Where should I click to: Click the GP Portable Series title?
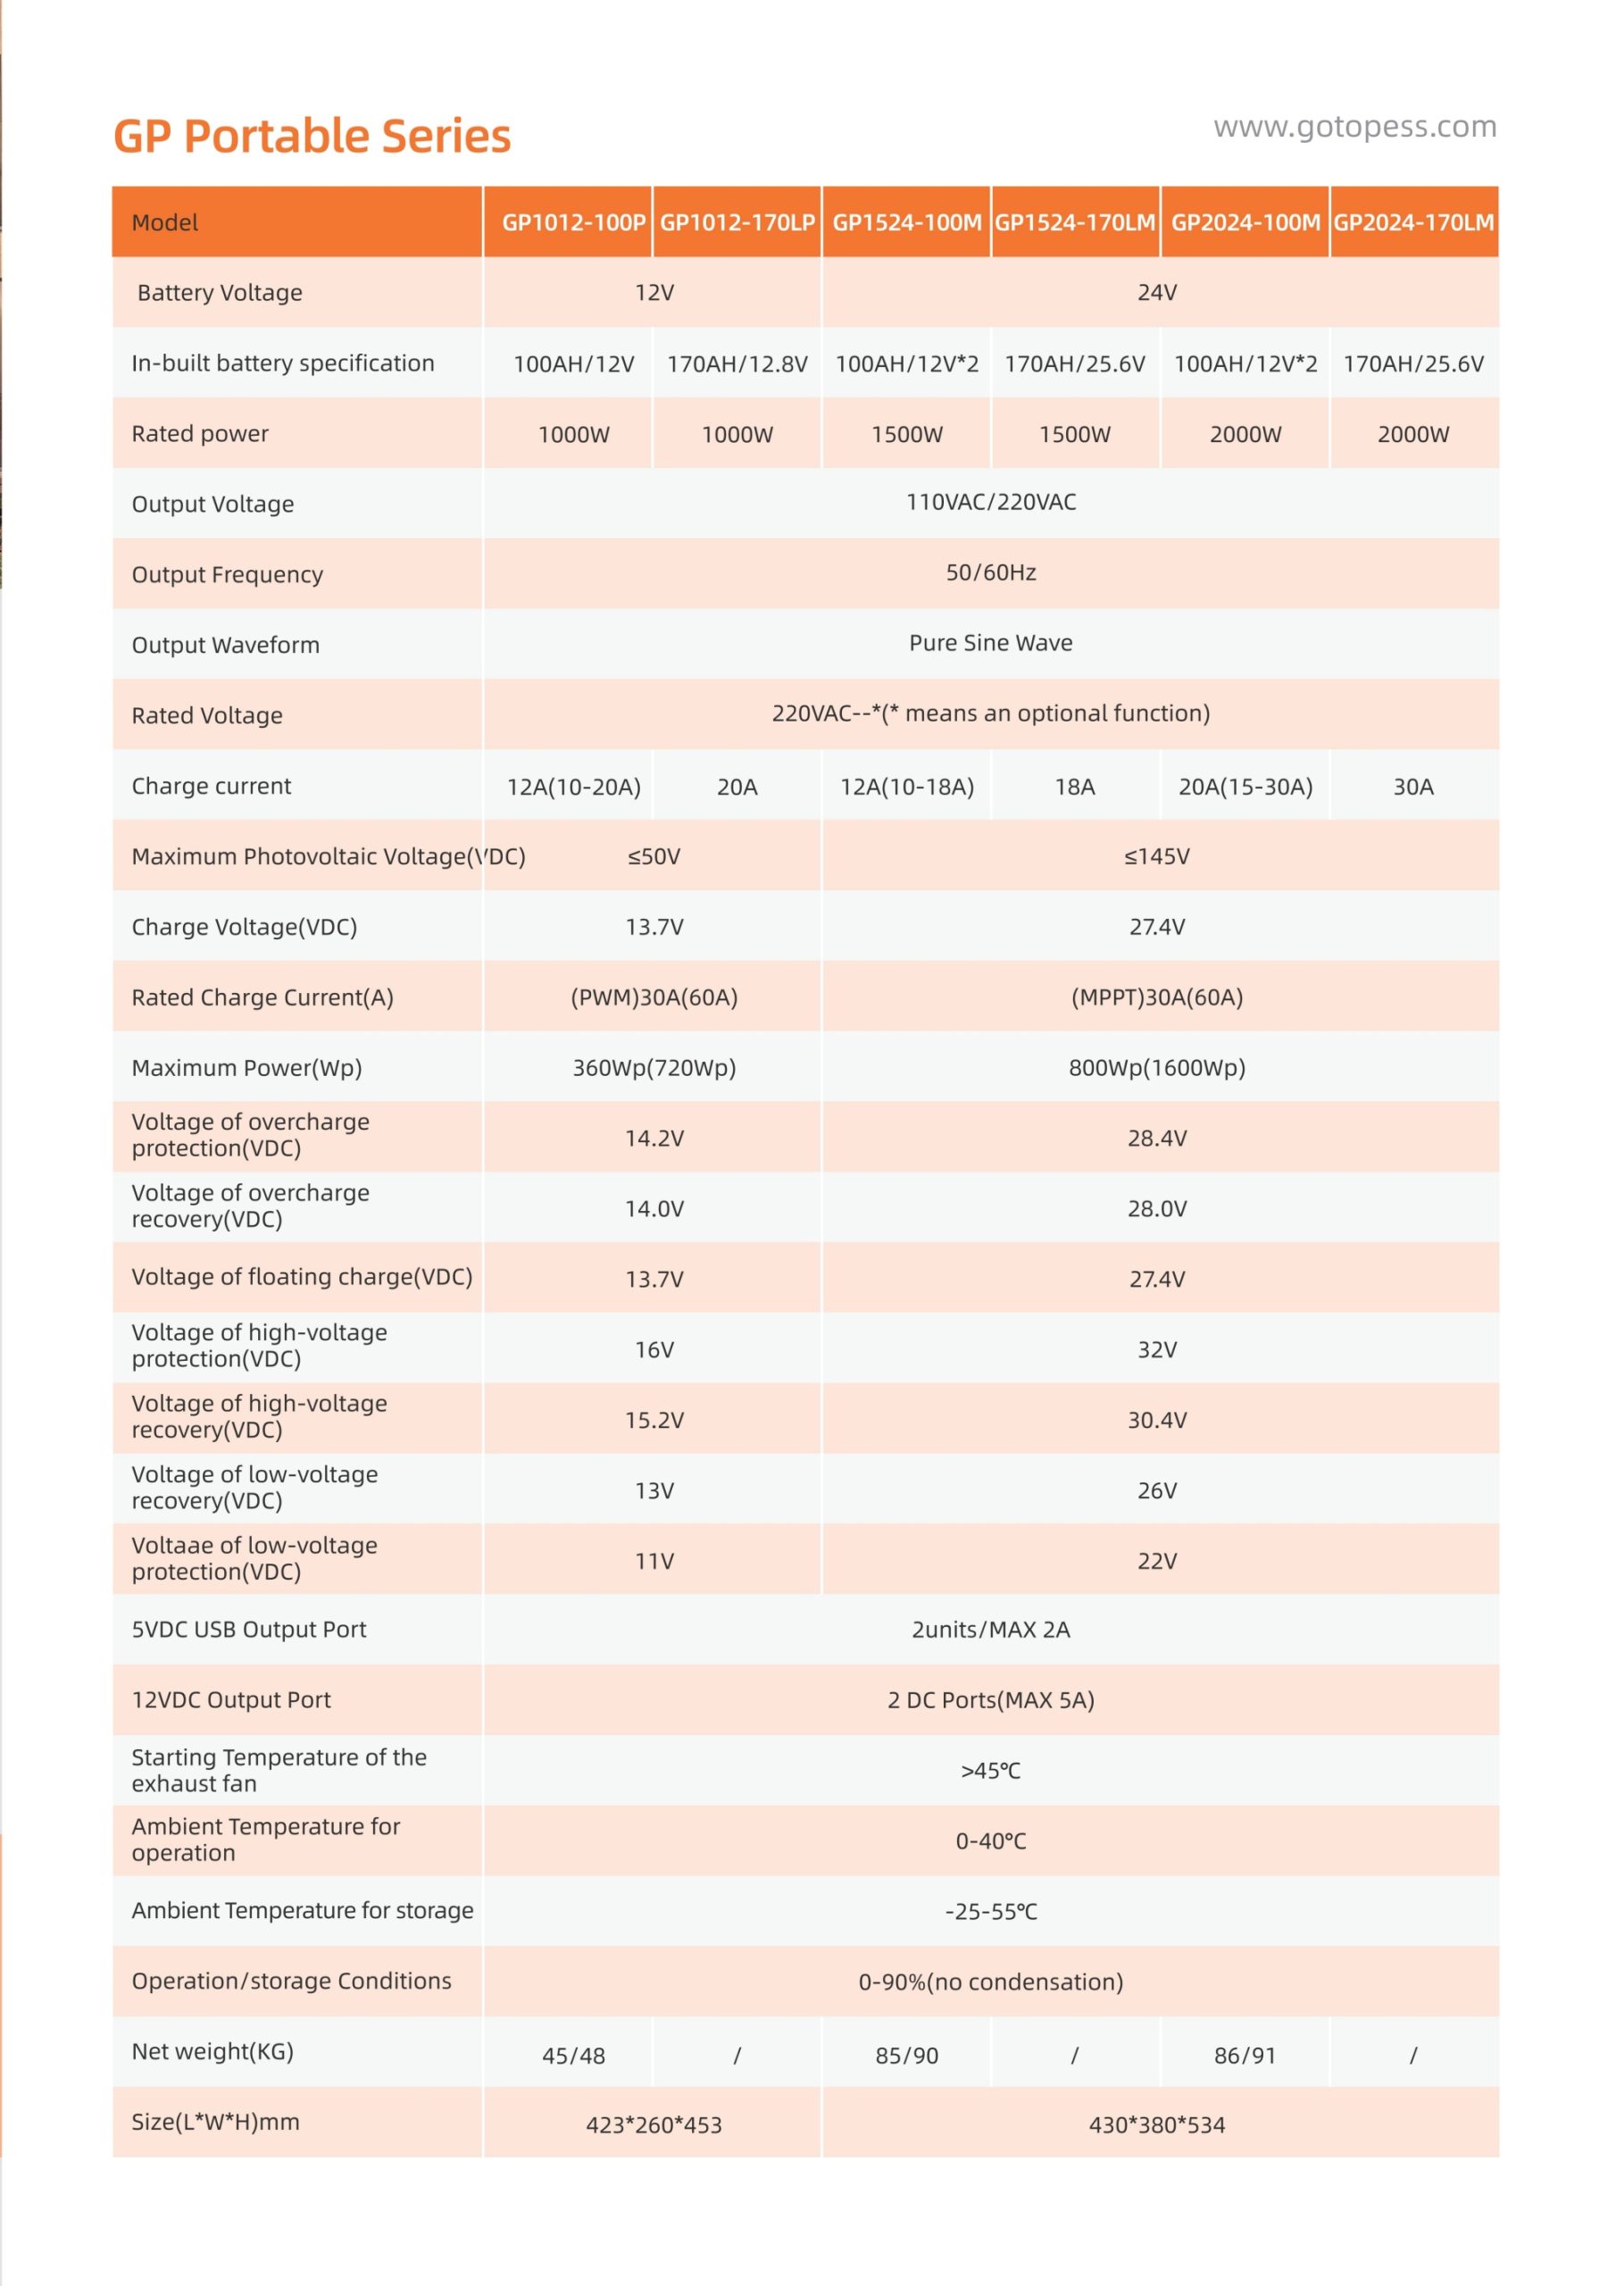coord(312,137)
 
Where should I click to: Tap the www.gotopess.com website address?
coord(1354,127)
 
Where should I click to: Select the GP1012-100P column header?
coord(572,222)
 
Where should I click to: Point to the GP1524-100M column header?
coord(906,222)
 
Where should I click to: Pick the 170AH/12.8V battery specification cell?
coord(737,363)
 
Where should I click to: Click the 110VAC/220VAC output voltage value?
coord(991,502)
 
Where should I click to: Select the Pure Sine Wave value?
coord(991,643)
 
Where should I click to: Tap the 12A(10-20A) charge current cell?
coord(573,787)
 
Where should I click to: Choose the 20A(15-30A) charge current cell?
coord(1245,787)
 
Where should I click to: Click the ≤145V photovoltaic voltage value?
coord(1157,856)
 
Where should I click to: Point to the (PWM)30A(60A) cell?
coord(654,997)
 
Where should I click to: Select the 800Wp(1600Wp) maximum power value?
coord(1157,1067)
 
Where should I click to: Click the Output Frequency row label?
coord(227,574)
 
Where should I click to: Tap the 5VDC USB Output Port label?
coord(249,1629)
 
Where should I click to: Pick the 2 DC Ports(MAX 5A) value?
coord(991,1699)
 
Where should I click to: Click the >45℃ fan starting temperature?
coord(991,1770)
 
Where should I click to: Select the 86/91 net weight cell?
coord(1245,2056)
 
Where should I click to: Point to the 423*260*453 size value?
coord(654,2124)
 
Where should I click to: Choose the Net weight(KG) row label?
coord(212,2051)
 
